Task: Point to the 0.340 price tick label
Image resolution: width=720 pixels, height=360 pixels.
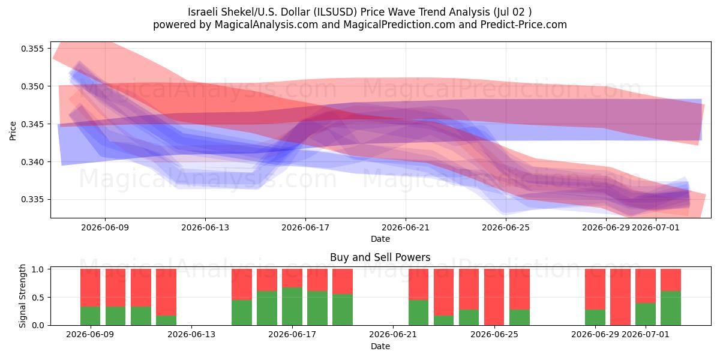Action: pyautogui.click(x=32, y=162)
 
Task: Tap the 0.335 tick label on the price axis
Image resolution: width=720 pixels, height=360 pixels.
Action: pyautogui.click(x=32, y=200)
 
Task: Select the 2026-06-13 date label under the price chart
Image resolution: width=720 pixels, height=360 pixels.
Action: pyautogui.click(x=205, y=227)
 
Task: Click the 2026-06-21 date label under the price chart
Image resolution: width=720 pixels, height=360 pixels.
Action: pyautogui.click(x=406, y=227)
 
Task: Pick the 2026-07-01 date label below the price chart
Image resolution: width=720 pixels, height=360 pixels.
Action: pyautogui.click(x=656, y=227)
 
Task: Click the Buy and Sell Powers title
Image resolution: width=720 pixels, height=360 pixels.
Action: pyautogui.click(x=380, y=257)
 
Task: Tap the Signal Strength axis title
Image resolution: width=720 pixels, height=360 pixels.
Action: pyautogui.click(x=22, y=296)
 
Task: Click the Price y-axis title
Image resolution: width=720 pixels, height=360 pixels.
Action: pyautogui.click(x=13, y=131)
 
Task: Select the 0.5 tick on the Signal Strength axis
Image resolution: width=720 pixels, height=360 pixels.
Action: pyautogui.click(x=38, y=298)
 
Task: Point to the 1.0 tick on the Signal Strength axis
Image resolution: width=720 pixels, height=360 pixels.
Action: pyautogui.click(x=38, y=269)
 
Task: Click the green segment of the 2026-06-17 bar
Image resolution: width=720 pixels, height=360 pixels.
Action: pyautogui.click(x=292, y=307)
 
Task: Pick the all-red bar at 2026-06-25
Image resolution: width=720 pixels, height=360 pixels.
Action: pyautogui.click(x=494, y=297)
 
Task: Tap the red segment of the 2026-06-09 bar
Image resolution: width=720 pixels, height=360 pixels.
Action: pyautogui.click(x=91, y=287)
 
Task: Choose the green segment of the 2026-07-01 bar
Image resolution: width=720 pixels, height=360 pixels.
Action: pyautogui.click(x=646, y=314)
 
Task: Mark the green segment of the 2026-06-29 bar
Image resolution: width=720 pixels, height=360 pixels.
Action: pyautogui.click(x=595, y=317)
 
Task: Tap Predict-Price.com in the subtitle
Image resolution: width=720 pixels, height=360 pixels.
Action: pyautogui.click(x=524, y=25)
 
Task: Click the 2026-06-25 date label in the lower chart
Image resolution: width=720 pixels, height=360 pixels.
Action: pyautogui.click(x=494, y=335)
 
